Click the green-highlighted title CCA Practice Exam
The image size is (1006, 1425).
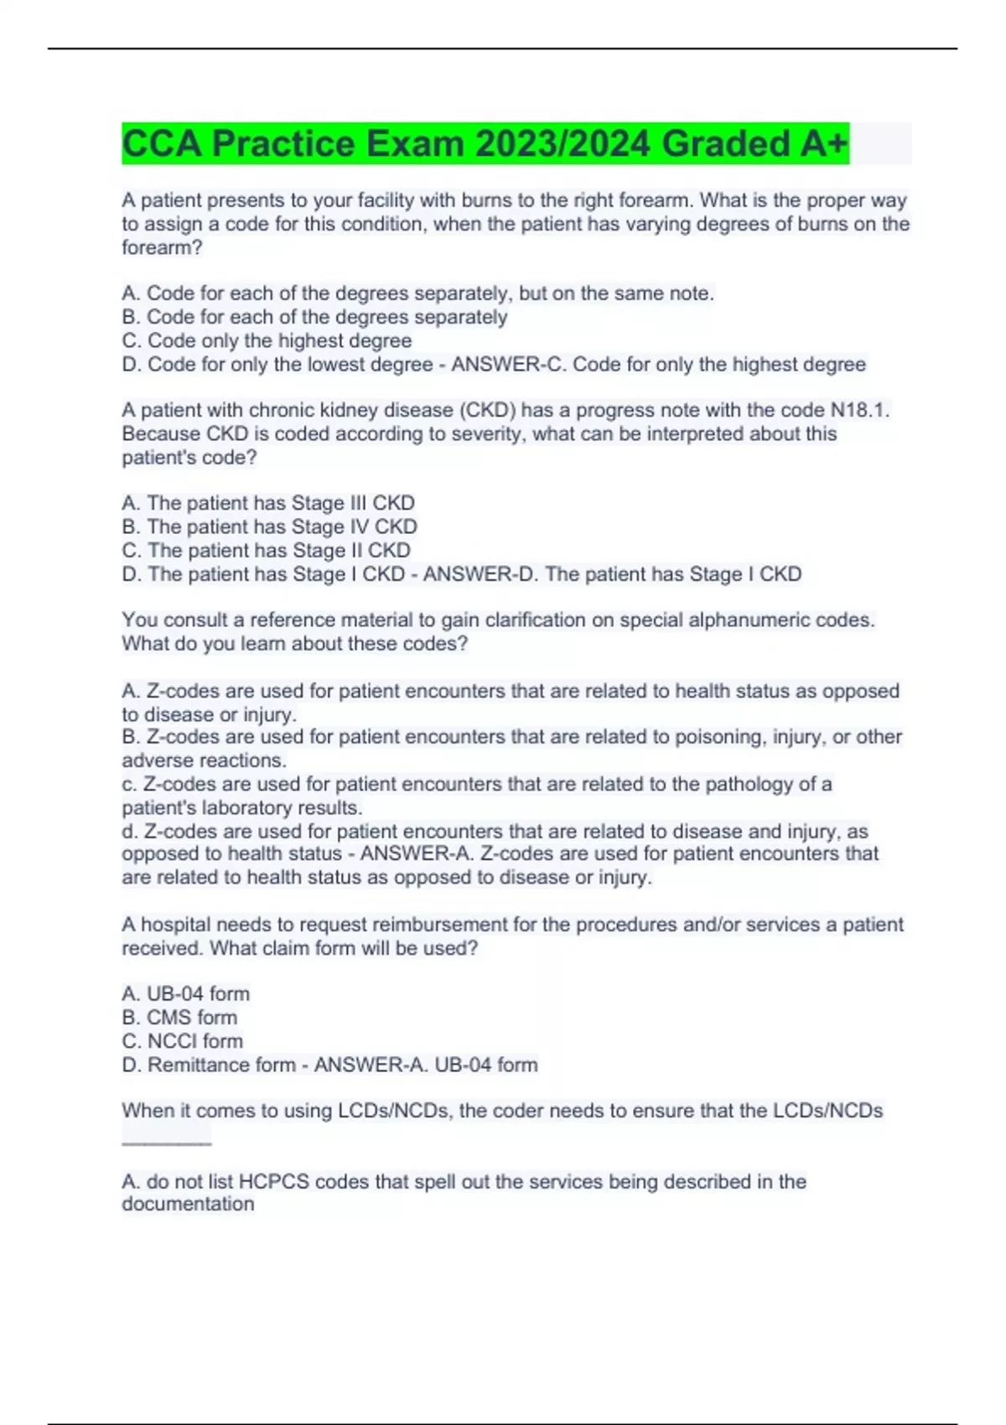click(x=485, y=143)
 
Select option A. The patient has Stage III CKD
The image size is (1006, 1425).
click(x=268, y=503)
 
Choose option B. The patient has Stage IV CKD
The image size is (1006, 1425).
click(x=269, y=526)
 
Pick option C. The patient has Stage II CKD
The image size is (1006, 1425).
click(x=267, y=550)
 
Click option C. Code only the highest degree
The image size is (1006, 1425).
click(x=267, y=340)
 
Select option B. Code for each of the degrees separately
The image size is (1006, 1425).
click(x=314, y=317)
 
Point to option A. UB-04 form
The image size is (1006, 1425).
click(x=185, y=993)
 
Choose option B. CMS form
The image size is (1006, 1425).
click(x=179, y=1017)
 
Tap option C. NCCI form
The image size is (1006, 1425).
click(x=182, y=1041)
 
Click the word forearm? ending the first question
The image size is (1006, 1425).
click(x=162, y=247)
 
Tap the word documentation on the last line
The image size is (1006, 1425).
click(x=188, y=1204)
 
